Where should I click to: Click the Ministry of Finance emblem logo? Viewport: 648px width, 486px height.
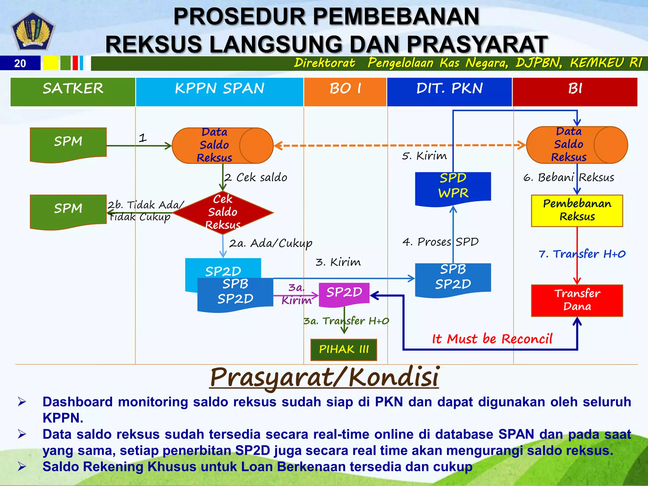(33, 31)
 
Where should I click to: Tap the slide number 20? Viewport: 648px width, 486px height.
(20, 63)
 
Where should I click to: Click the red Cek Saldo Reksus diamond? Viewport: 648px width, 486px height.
(223, 212)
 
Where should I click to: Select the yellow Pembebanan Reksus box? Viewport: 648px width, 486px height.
(577, 210)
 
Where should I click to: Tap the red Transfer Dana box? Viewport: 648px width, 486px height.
(577, 300)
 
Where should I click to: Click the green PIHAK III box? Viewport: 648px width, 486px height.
(344, 349)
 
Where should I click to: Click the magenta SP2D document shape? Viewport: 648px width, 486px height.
(344, 294)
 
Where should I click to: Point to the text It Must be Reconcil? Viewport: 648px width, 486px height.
(492, 339)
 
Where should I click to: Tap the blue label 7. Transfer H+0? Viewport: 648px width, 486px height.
(582, 254)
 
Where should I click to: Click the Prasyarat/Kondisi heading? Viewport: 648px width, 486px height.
(324, 377)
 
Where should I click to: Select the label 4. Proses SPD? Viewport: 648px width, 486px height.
(440, 242)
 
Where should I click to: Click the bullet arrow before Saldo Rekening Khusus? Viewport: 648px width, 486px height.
(22, 466)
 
